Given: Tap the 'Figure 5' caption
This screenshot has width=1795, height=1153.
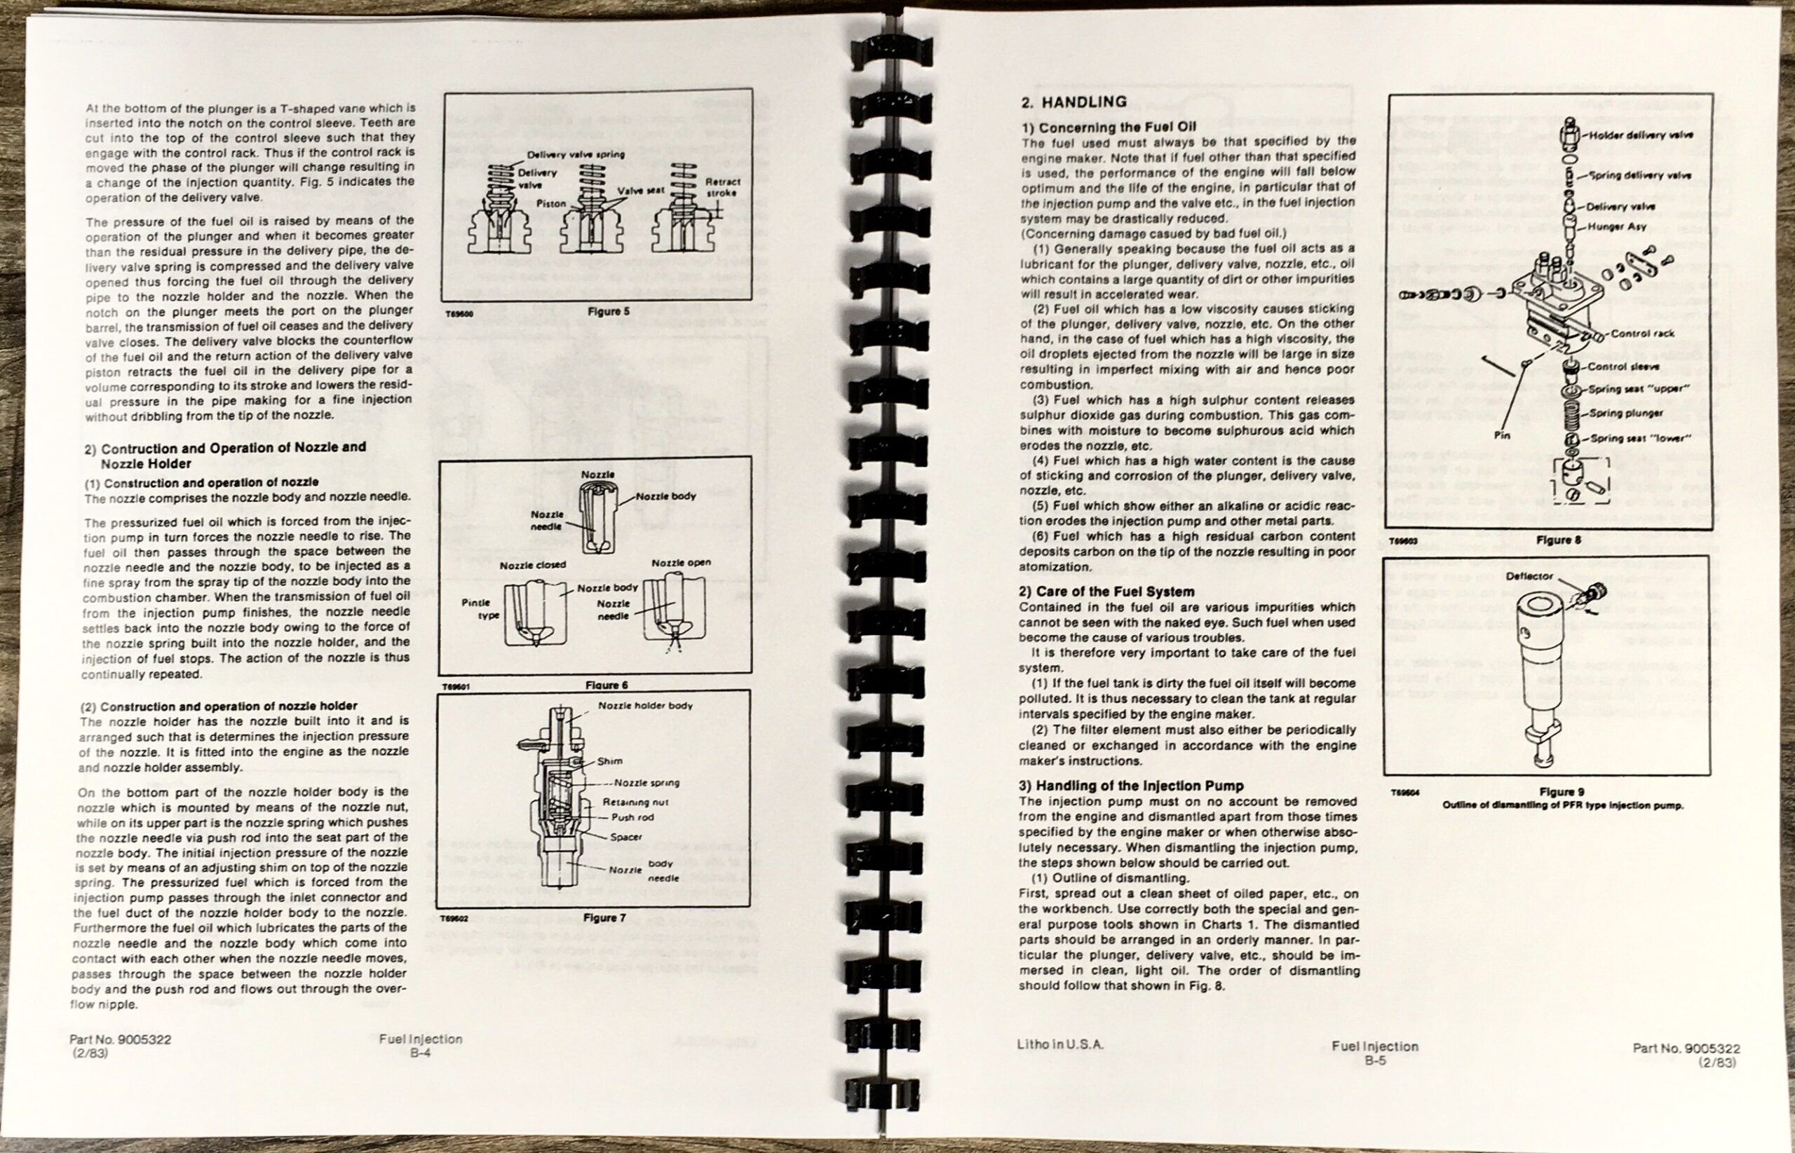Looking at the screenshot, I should click(609, 311).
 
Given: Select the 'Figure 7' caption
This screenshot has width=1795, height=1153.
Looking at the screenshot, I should click(604, 918).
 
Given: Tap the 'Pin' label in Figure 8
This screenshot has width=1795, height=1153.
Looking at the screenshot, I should click(1502, 435).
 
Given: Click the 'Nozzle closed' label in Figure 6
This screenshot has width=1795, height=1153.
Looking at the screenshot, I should click(532, 565).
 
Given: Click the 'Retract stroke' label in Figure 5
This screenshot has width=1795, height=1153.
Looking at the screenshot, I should click(722, 187).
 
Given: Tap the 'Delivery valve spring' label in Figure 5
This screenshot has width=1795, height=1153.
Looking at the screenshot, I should click(575, 155).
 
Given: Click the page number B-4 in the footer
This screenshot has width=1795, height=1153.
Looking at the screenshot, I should click(419, 1051).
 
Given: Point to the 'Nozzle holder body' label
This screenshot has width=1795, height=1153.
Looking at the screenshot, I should click(645, 706).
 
